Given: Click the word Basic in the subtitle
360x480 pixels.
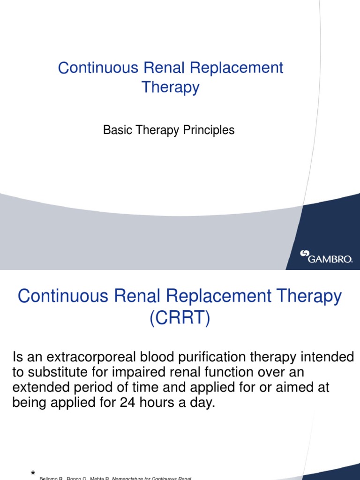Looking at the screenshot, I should pos(115,130).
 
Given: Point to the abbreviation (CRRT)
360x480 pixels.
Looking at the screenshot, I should pos(180,319).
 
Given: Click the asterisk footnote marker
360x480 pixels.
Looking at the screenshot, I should pos(33,474).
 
